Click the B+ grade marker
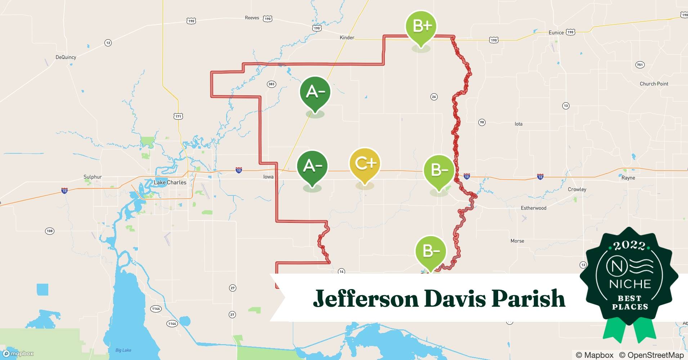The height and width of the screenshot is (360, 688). point(421,27)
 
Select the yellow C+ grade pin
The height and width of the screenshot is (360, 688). point(365,164)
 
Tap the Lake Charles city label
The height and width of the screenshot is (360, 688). point(170,183)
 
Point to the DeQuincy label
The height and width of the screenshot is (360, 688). point(66,57)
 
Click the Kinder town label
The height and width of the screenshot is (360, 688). point(347,37)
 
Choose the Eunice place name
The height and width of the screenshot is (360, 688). point(556,32)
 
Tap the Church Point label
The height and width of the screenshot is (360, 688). point(654,84)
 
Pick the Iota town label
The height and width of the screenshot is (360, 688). point(518,124)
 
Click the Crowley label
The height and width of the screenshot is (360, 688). point(577,189)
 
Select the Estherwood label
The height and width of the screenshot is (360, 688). point(533,208)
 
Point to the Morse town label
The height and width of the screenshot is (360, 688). point(517,241)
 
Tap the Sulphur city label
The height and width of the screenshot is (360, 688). point(93,177)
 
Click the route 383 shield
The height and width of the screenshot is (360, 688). point(271,84)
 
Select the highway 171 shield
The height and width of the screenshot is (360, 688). point(178,116)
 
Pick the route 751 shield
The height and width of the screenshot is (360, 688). point(639,65)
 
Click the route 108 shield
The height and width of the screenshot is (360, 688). point(50,231)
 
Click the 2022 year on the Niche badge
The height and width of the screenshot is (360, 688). point(630,246)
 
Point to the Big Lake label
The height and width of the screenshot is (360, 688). point(123,350)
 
